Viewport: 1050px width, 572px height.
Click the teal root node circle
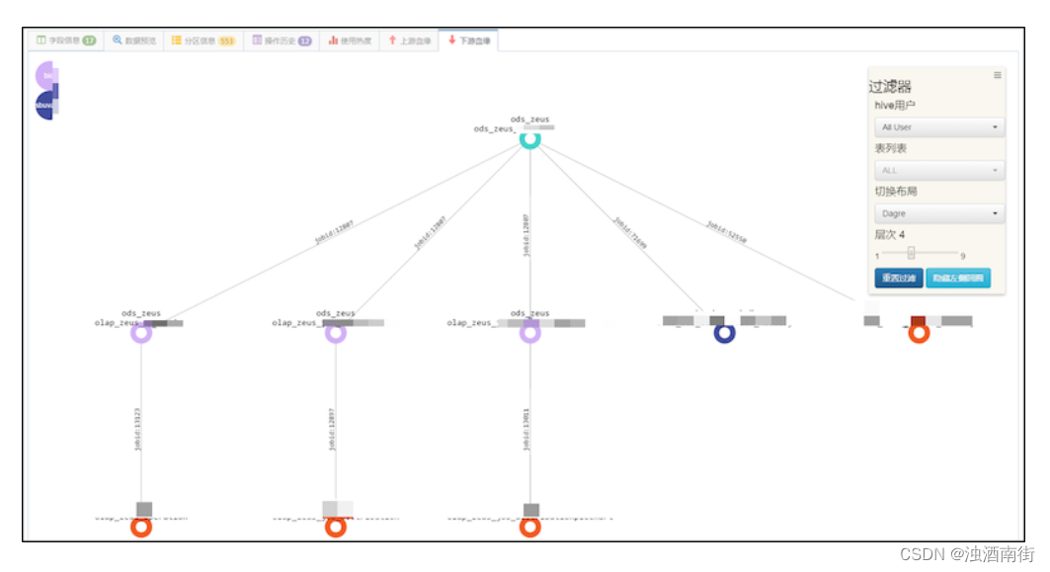[x=530, y=139]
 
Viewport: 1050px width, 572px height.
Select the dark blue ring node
[x=725, y=333]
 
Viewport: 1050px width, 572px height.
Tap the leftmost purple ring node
[x=141, y=333]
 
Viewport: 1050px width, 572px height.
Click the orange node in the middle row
[x=919, y=333]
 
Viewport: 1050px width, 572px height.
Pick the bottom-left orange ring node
[x=141, y=527]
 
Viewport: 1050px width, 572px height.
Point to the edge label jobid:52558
[x=726, y=232]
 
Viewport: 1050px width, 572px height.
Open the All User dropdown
[x=938, y=127]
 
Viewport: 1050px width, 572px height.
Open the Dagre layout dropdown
[x=938, y=213]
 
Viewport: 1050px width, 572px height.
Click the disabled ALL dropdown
[x=938, y=171]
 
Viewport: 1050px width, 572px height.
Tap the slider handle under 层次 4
[x=911, y=253]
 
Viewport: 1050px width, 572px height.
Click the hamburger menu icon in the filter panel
[x=997, y=75]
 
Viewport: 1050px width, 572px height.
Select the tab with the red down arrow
[x=468, y=41]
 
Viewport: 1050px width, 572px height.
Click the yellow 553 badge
[x=226, y=41]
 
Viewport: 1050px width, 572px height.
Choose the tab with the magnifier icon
[x=133, y=41]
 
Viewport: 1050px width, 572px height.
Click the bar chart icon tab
[x=351, y=41]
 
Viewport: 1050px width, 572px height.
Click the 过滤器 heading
[x=890, y=87]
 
